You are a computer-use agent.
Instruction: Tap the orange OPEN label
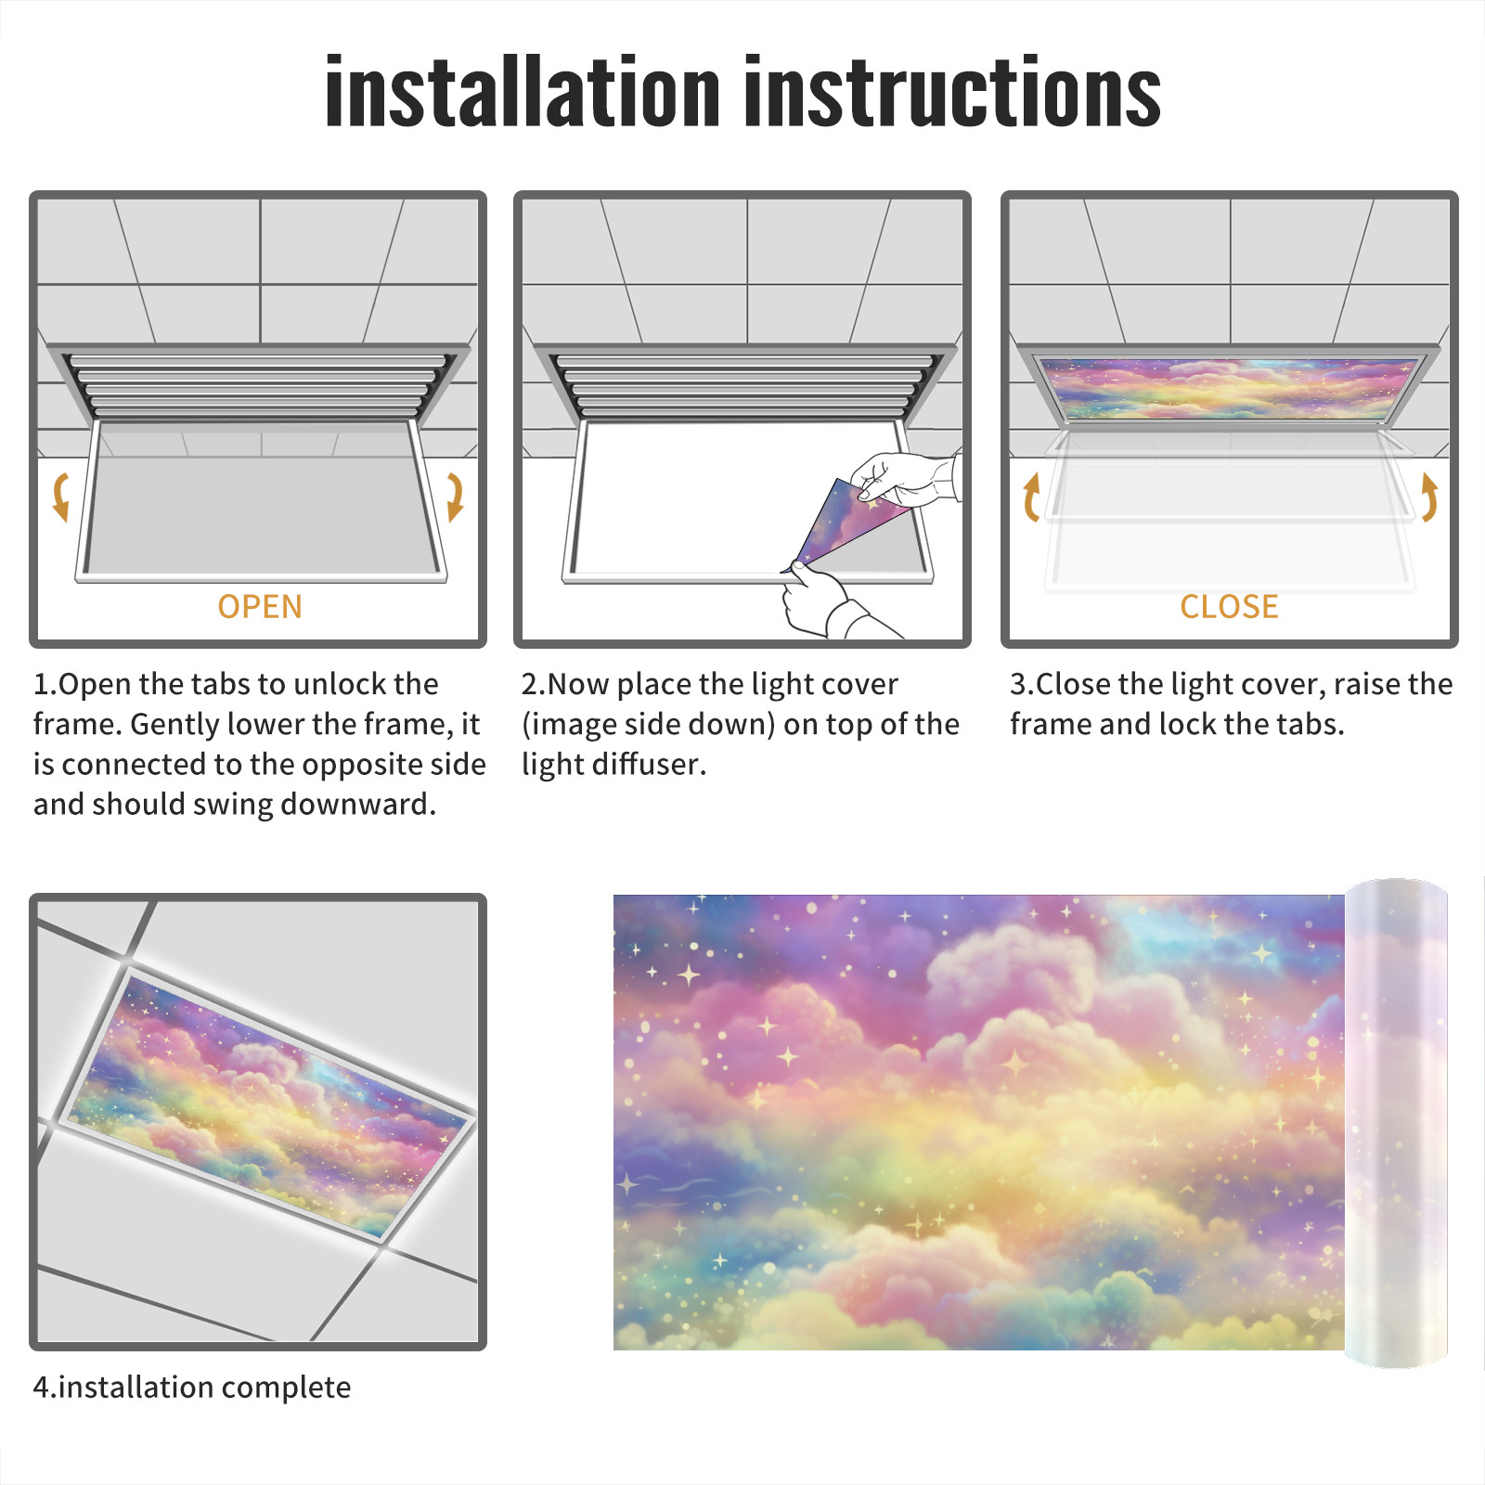[x=260, y=606]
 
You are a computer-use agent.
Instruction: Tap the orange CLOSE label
[x=1229, y=606]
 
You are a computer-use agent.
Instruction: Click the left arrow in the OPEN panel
[x=60, y=497]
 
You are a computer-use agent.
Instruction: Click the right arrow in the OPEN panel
[x=455, y=497]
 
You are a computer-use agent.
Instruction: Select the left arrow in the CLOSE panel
[x=1030, y=497]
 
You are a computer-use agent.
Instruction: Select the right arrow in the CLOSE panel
[x=1429, y=497]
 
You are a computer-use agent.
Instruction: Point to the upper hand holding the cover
[x=905, y=478]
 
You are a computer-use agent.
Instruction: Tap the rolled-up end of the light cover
[x=1396, y=1123]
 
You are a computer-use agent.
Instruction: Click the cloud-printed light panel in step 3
[x=1229, y=389]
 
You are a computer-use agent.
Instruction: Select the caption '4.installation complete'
[x=192, y=1388]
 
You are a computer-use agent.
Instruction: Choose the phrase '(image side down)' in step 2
[x=649, y=724]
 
